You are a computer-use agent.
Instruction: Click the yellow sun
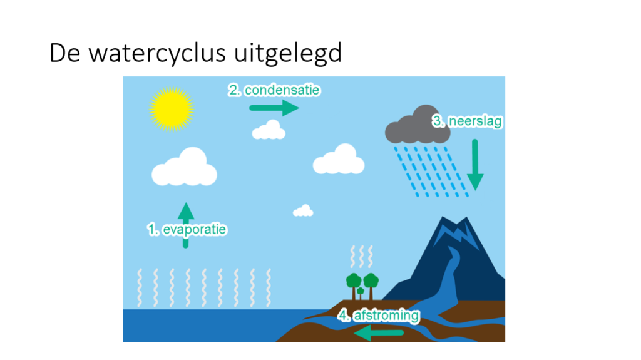click(x=172, y=109)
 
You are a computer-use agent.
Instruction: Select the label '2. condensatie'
click(x=274, y=90)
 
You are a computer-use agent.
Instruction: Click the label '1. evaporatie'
click(x=187, y=230)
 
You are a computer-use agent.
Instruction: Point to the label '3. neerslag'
click(x=467, y=121)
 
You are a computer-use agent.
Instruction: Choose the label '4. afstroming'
click(x=379, y=316)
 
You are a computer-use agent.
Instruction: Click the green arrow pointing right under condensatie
click(x=274, y=108)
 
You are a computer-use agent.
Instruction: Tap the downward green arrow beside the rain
click(x=475, y=165)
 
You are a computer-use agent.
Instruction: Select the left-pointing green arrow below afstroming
click(x=379, y=333)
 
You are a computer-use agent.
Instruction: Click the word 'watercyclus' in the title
click(x=157, y=53)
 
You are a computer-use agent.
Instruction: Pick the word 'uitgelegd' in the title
click(x=288, y=53)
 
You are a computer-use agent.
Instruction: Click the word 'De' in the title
click(x=65, y=53)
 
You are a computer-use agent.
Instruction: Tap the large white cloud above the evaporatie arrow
click(x=185, y=167)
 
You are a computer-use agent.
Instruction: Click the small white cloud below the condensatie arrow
click(x=269, y=130)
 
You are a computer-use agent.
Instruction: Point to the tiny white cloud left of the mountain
click(x=303, y=211)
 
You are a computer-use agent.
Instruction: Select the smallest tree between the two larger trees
click(x=360, y=293)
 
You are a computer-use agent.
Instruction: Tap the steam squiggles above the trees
click(x=361, y=257)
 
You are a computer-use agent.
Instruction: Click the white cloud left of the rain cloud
click(x=339, y=159)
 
